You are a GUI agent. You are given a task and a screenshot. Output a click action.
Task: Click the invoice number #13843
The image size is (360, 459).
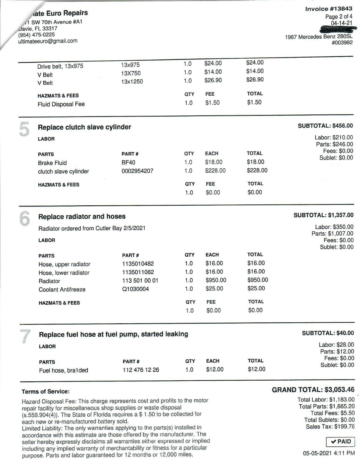[328, 9]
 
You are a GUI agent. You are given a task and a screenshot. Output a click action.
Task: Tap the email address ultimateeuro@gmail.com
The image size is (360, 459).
[48, 41]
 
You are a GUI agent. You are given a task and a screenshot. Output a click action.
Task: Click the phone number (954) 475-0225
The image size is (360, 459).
[36, 35]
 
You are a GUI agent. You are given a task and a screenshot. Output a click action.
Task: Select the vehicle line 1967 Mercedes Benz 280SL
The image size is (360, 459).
[319, 37]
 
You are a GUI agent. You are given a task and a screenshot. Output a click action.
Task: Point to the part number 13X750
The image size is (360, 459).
[131, 73]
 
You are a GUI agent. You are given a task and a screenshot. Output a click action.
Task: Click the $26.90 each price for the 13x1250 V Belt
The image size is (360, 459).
[213, 80]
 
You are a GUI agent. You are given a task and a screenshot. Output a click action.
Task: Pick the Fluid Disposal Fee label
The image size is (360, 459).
[61, 104]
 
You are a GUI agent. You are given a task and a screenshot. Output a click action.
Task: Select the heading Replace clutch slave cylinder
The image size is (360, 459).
[84, 127]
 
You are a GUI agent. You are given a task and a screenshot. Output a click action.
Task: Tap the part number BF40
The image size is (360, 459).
[128, 162]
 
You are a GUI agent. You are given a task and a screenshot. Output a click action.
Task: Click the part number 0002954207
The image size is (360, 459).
[137, 171]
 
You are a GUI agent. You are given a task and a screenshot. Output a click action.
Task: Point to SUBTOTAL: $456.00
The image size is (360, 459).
[325, 126]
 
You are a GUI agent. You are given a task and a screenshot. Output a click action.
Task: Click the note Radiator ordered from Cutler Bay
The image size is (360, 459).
[92, 228]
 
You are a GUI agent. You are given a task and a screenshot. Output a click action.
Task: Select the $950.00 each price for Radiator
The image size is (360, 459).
[216, 280]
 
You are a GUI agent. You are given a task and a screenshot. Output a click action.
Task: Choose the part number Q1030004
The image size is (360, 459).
[135, 289]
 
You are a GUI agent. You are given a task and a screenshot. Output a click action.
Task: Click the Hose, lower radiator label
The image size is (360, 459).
[64, 273]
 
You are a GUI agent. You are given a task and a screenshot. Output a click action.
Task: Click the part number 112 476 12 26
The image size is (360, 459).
[141, 370]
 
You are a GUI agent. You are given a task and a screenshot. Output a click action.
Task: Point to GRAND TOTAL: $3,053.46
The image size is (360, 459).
[313, 390]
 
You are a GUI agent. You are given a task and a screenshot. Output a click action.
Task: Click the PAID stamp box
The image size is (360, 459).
[340, 442]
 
